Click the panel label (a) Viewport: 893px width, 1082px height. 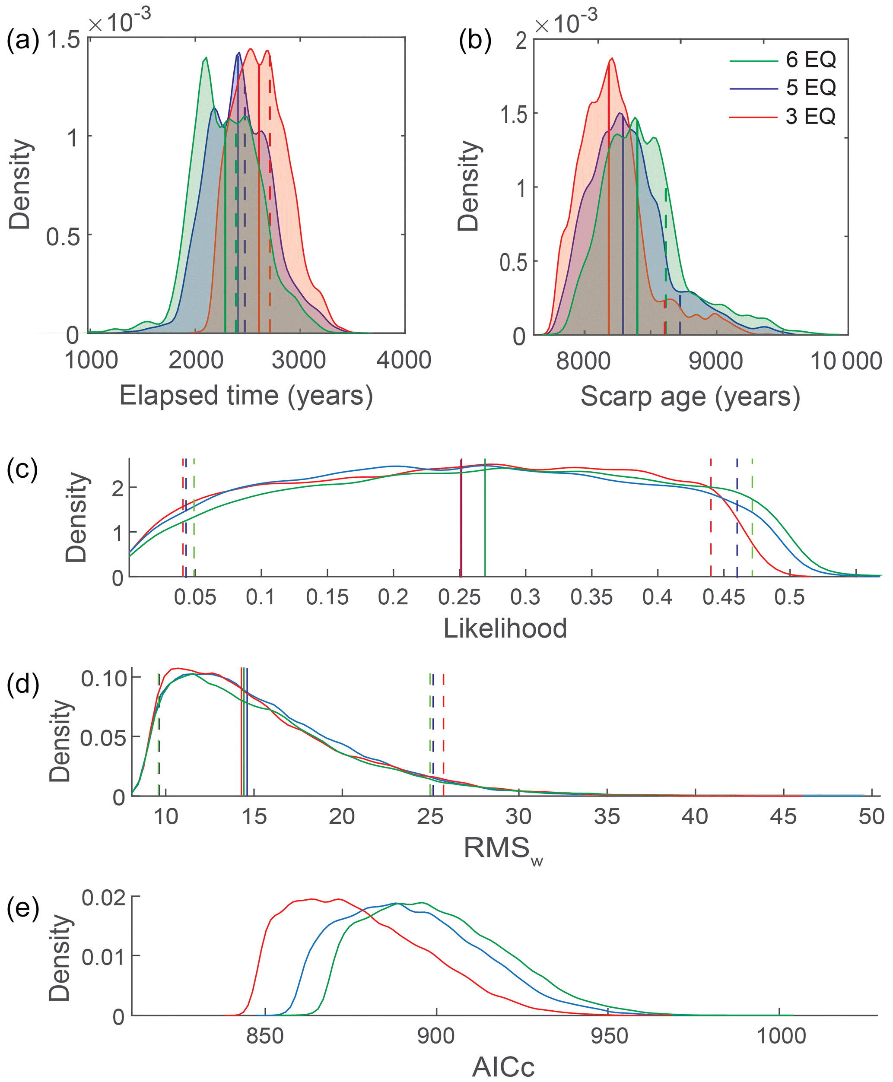[x=22, y=40]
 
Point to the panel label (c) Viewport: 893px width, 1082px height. [x=22, y=469]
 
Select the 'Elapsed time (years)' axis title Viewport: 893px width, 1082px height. [x=246, y=396]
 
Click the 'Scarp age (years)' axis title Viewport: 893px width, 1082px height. [x=690, y=397]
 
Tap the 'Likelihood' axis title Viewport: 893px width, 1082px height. [x=505, y=628]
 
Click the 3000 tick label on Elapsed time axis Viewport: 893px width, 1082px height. [x=299, y=360]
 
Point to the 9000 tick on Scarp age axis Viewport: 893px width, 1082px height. [x=715, y=361]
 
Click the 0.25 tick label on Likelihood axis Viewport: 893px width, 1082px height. [x=459, y=597]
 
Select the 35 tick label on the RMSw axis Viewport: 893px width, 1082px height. [x=607, y=817]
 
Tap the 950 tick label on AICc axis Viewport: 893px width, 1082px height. [x=609, y=1036]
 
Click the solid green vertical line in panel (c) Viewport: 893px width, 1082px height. [x=485, y=519]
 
